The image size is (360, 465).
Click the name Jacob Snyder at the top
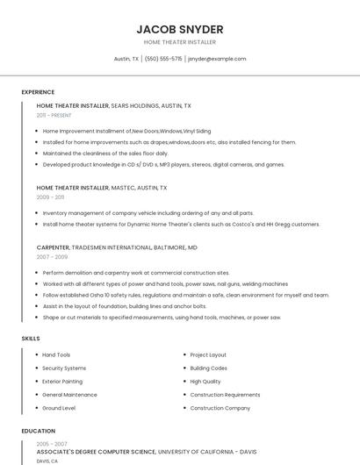click(179, 29)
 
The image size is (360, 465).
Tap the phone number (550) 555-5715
click(163, 59)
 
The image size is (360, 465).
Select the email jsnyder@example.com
click(217, 59)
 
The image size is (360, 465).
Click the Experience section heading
click(38, 91)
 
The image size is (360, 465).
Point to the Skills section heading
click(31, 338)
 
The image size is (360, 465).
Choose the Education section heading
click(39, 431)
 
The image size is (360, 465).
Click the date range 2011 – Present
click(54, 115)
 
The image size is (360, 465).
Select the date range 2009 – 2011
click(50, 197)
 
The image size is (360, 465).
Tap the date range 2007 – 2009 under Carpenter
click(52, 257)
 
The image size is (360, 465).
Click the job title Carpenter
click(53, 247)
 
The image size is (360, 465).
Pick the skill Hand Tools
click(56, 354)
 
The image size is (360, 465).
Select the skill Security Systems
click(64, 368)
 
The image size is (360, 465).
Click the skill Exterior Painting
click(62, 382)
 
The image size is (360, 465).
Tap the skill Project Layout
click(208, 354)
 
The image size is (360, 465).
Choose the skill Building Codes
click(209, 368)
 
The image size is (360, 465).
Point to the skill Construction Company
click(220, 408)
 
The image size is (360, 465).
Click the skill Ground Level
click(59, 408)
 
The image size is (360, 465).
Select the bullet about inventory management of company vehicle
click(148, 212)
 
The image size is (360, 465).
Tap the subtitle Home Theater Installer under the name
click(179, 42)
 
